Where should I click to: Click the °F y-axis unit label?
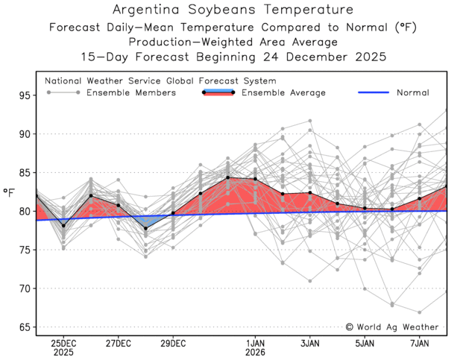coord(10,192)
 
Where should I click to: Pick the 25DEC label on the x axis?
coord(63,343)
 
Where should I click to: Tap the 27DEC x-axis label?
coord(119,343)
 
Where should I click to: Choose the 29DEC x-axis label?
coord(173,343)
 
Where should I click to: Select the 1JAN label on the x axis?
coord(256,343)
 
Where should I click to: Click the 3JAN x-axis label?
coord(310,343)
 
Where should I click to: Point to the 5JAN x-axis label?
coord(365,343)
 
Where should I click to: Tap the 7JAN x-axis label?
coord(420,343)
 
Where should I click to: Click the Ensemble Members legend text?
coord(131,92)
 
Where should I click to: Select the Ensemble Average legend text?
coord(283,92)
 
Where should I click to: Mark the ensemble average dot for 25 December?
coord(63,225)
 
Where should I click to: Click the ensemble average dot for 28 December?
coord(146,228)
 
